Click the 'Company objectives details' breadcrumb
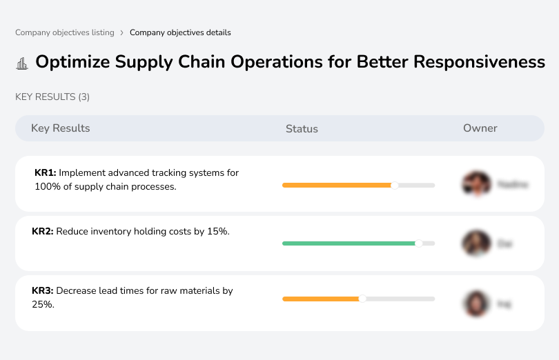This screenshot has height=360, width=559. [180, 32]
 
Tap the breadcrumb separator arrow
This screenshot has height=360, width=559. [121, 32]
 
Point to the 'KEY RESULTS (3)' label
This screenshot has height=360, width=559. [52, 97]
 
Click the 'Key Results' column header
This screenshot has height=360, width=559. [61, 128]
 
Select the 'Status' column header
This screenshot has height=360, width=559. [302, 129]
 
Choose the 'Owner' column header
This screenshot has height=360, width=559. [480, 128]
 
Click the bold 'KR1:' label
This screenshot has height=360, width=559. [46, 173]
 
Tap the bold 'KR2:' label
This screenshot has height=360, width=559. [43, 232]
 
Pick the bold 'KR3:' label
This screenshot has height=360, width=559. [43, 291]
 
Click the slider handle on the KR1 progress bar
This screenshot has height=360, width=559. [395, 185]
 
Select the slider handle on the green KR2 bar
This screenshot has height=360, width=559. [418, 243]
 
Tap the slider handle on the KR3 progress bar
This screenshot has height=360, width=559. [362, 299]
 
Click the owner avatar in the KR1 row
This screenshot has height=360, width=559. [475, 184]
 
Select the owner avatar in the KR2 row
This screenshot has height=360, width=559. [475, 243]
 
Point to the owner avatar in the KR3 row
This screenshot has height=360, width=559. [475, 303]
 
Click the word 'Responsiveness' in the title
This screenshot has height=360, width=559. [479, 62]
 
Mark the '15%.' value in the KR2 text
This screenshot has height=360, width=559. [218, 232]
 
